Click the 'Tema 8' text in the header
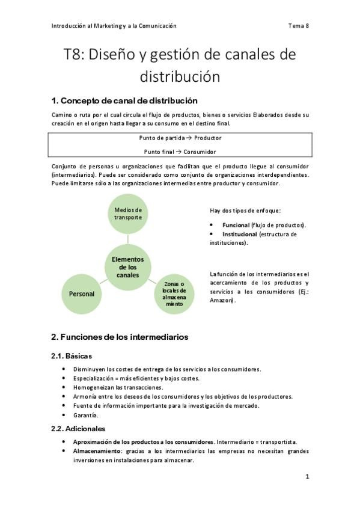tap(299, 26)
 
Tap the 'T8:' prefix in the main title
tap(76, 55)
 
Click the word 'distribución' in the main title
tap(180, 77)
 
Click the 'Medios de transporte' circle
tap(128, 214)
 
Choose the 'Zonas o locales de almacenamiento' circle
tap(174, 293)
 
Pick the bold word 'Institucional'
tap(240, 234)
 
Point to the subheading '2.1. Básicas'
tap(72, 356)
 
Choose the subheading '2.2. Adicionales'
tap(79, 429)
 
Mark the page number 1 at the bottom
tap(307, 477)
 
